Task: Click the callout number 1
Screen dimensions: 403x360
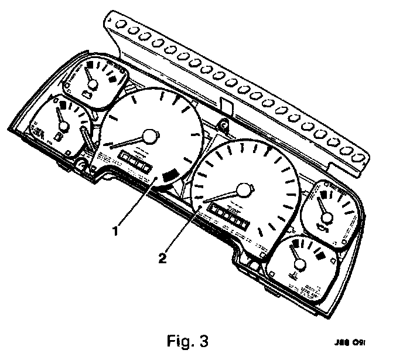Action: pyautogui.click(x=117, y=230)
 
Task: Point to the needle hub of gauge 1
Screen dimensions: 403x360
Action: pyautogui.click(x=151, y=136)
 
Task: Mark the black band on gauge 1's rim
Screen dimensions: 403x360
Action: pyautogui.click(x=171, y=175)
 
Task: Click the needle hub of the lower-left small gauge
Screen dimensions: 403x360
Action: pyautogui.click(x=63, y=124)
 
